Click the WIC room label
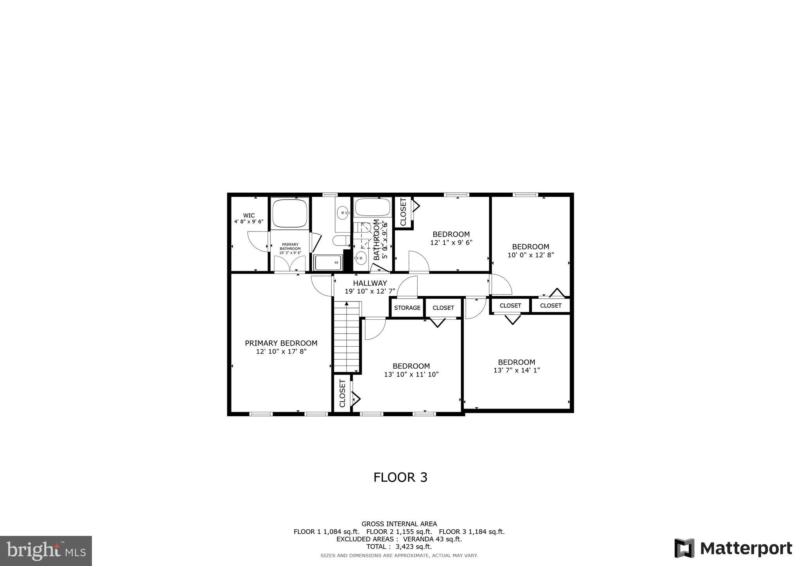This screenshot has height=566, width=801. pos(249,215)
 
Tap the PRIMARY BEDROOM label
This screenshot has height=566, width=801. pos(281,343)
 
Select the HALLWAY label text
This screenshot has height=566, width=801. pos(370,283)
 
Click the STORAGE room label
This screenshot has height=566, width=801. pos(407,308)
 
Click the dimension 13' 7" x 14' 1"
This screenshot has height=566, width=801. pos(516,370)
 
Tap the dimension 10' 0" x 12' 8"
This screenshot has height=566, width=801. pos(531,255)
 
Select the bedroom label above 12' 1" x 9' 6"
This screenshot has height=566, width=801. pos(451,234)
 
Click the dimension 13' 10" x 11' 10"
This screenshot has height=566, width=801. pos(411,374)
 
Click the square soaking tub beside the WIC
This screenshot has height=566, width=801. pos(289,213)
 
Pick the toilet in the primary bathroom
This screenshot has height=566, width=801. pos(341,240)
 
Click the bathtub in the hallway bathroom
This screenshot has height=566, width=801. pos(372,207)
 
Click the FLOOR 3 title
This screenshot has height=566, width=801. pos(400,477)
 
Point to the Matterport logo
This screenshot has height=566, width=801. pos(733,548)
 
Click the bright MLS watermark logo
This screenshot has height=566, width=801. pos(46,551)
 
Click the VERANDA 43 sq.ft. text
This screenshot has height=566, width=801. pos(432,539)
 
